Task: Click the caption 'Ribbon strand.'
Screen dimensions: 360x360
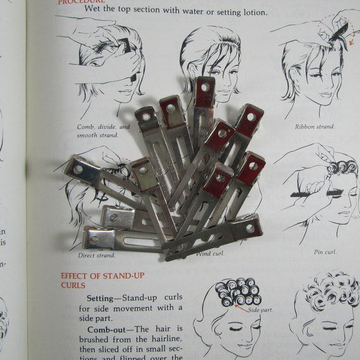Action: [x=314, y=127]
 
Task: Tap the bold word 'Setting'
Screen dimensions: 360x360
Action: [x=103, y=298]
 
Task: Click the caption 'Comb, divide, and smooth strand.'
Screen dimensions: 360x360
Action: [x=103, y=131]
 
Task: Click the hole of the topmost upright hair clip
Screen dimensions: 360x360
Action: [x=205, y=87]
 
